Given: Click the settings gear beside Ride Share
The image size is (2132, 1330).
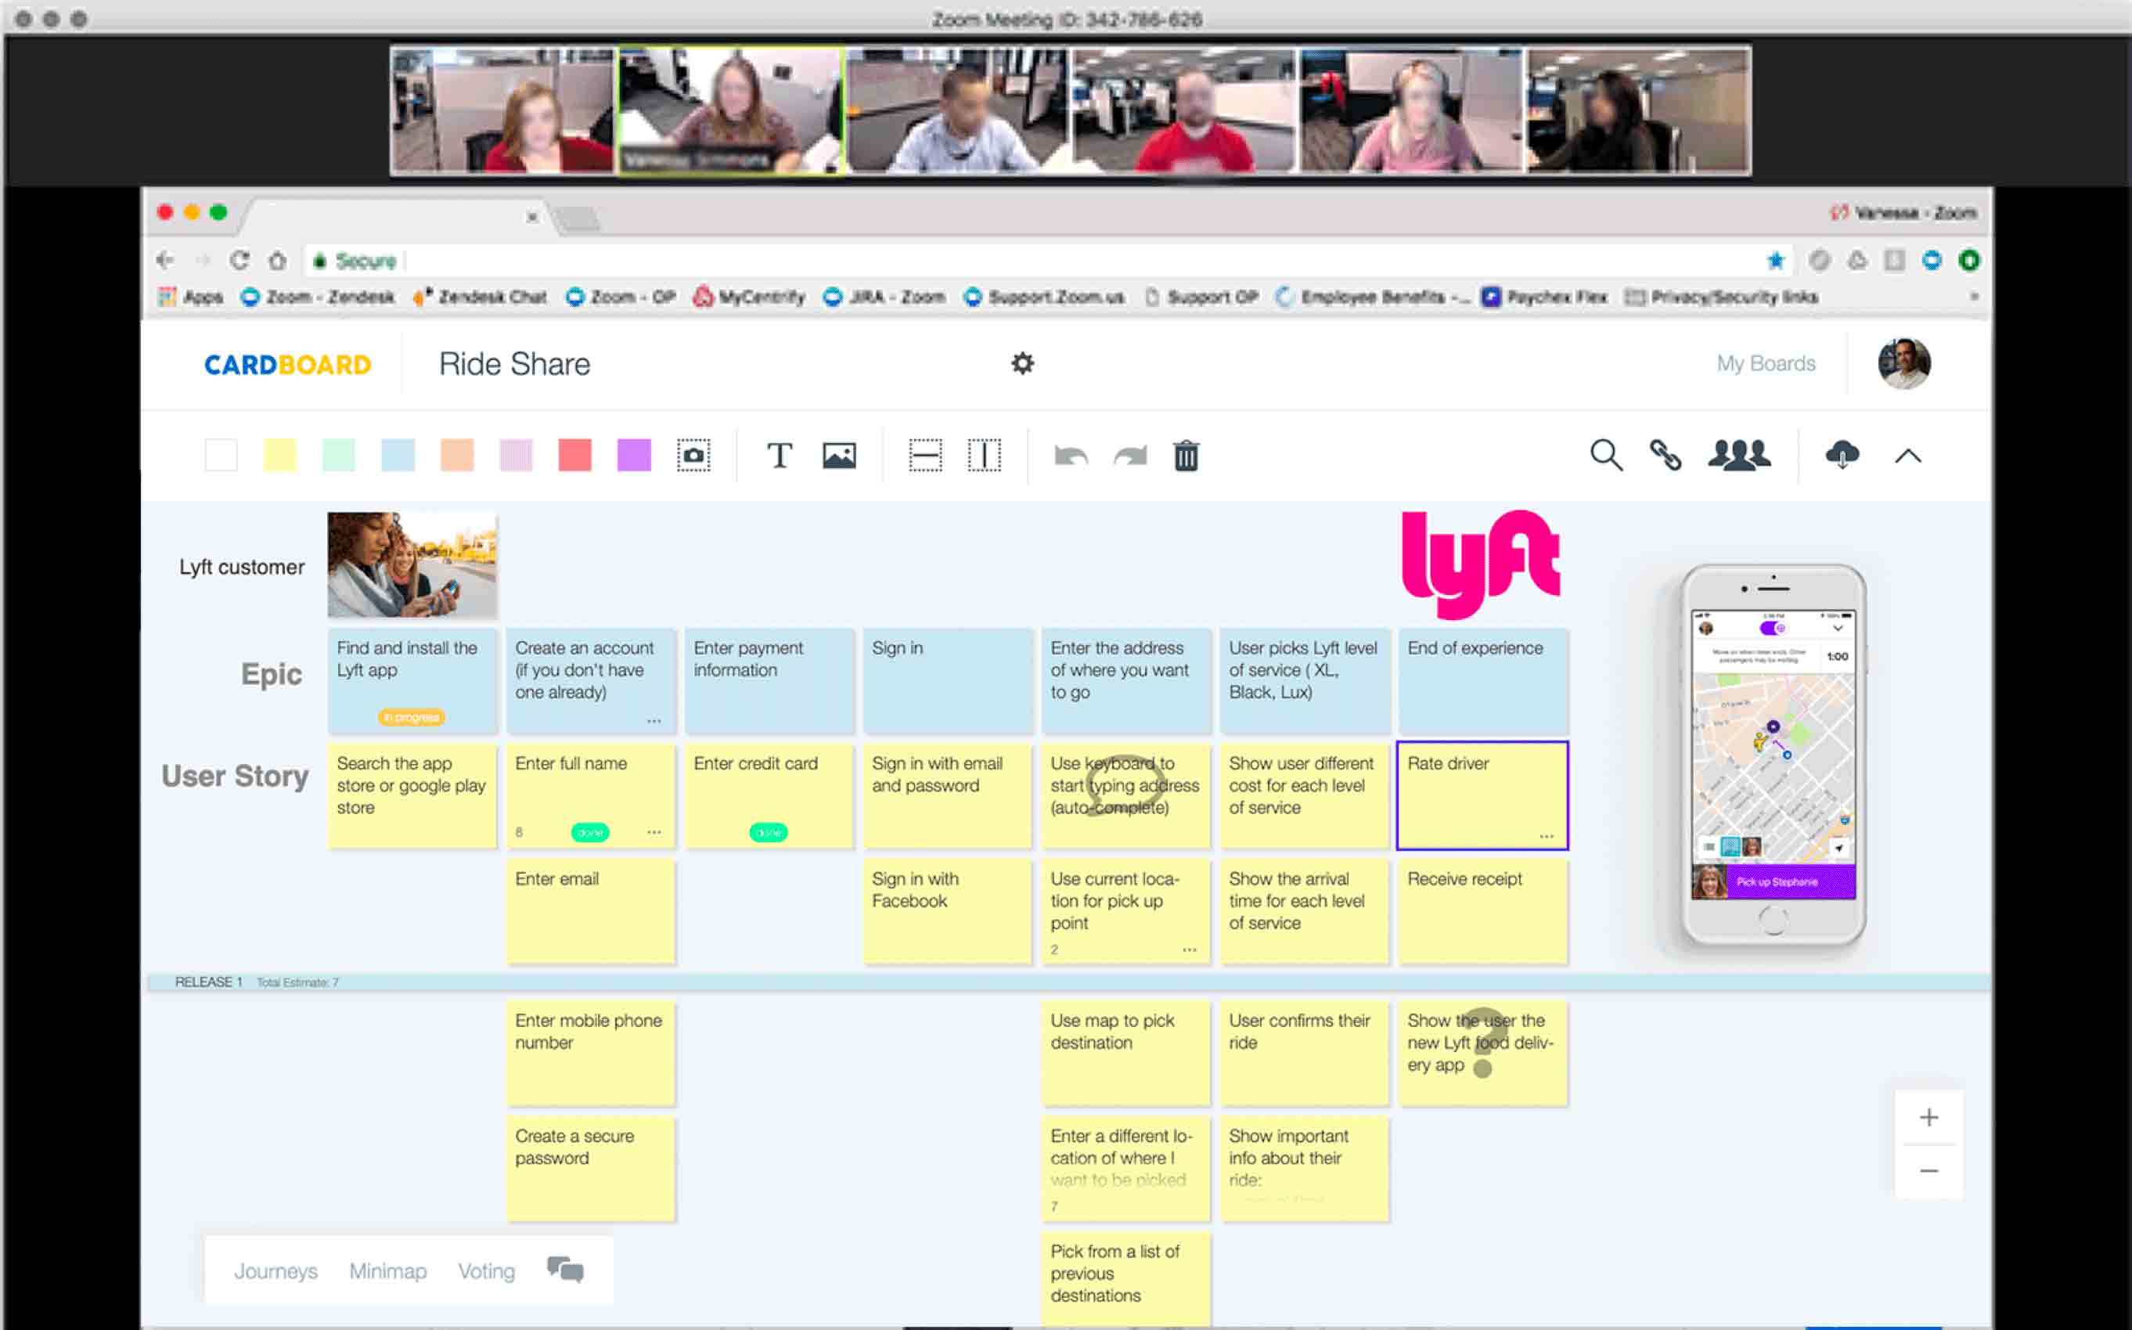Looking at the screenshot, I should pyautogui.click(x=1022, y=363).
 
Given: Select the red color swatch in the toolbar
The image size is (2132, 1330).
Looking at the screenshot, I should pyautogui.click(x=574, y=456).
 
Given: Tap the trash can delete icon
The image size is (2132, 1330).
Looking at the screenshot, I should pyautogui.click(x=1186, y=456).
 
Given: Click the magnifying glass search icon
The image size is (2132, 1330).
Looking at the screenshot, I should pyautogui.click(x=1605, y=456).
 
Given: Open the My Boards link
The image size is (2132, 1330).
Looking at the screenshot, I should pyautogui.click(x=1765, y=363).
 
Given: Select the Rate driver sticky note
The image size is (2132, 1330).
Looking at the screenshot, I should pyautogui.click(x=1482, y=795).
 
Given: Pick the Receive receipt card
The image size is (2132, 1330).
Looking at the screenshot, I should pyautogui.click(x=1482, y=911).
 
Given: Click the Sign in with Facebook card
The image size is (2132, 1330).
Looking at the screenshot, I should pyautogui.click(x=946, y=911).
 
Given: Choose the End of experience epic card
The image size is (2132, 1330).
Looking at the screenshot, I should pyautogui.click(x=1482, y=679).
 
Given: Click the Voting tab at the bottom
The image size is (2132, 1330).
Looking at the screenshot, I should pyautogui.click(x=486, y=1271).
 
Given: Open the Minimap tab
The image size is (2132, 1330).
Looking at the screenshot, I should pyautogui.click(x=388, y=1271).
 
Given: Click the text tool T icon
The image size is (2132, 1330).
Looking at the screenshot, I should pyautogui.click(x=780, y=456).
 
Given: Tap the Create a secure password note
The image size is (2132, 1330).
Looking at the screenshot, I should pyautogui.click(x=590, y=1168).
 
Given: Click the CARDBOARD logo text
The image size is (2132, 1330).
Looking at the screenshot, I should pyautogui.click(x=287, y=364).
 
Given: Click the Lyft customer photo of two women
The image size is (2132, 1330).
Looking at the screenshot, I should pyautogui.click(x=412, y=564).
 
